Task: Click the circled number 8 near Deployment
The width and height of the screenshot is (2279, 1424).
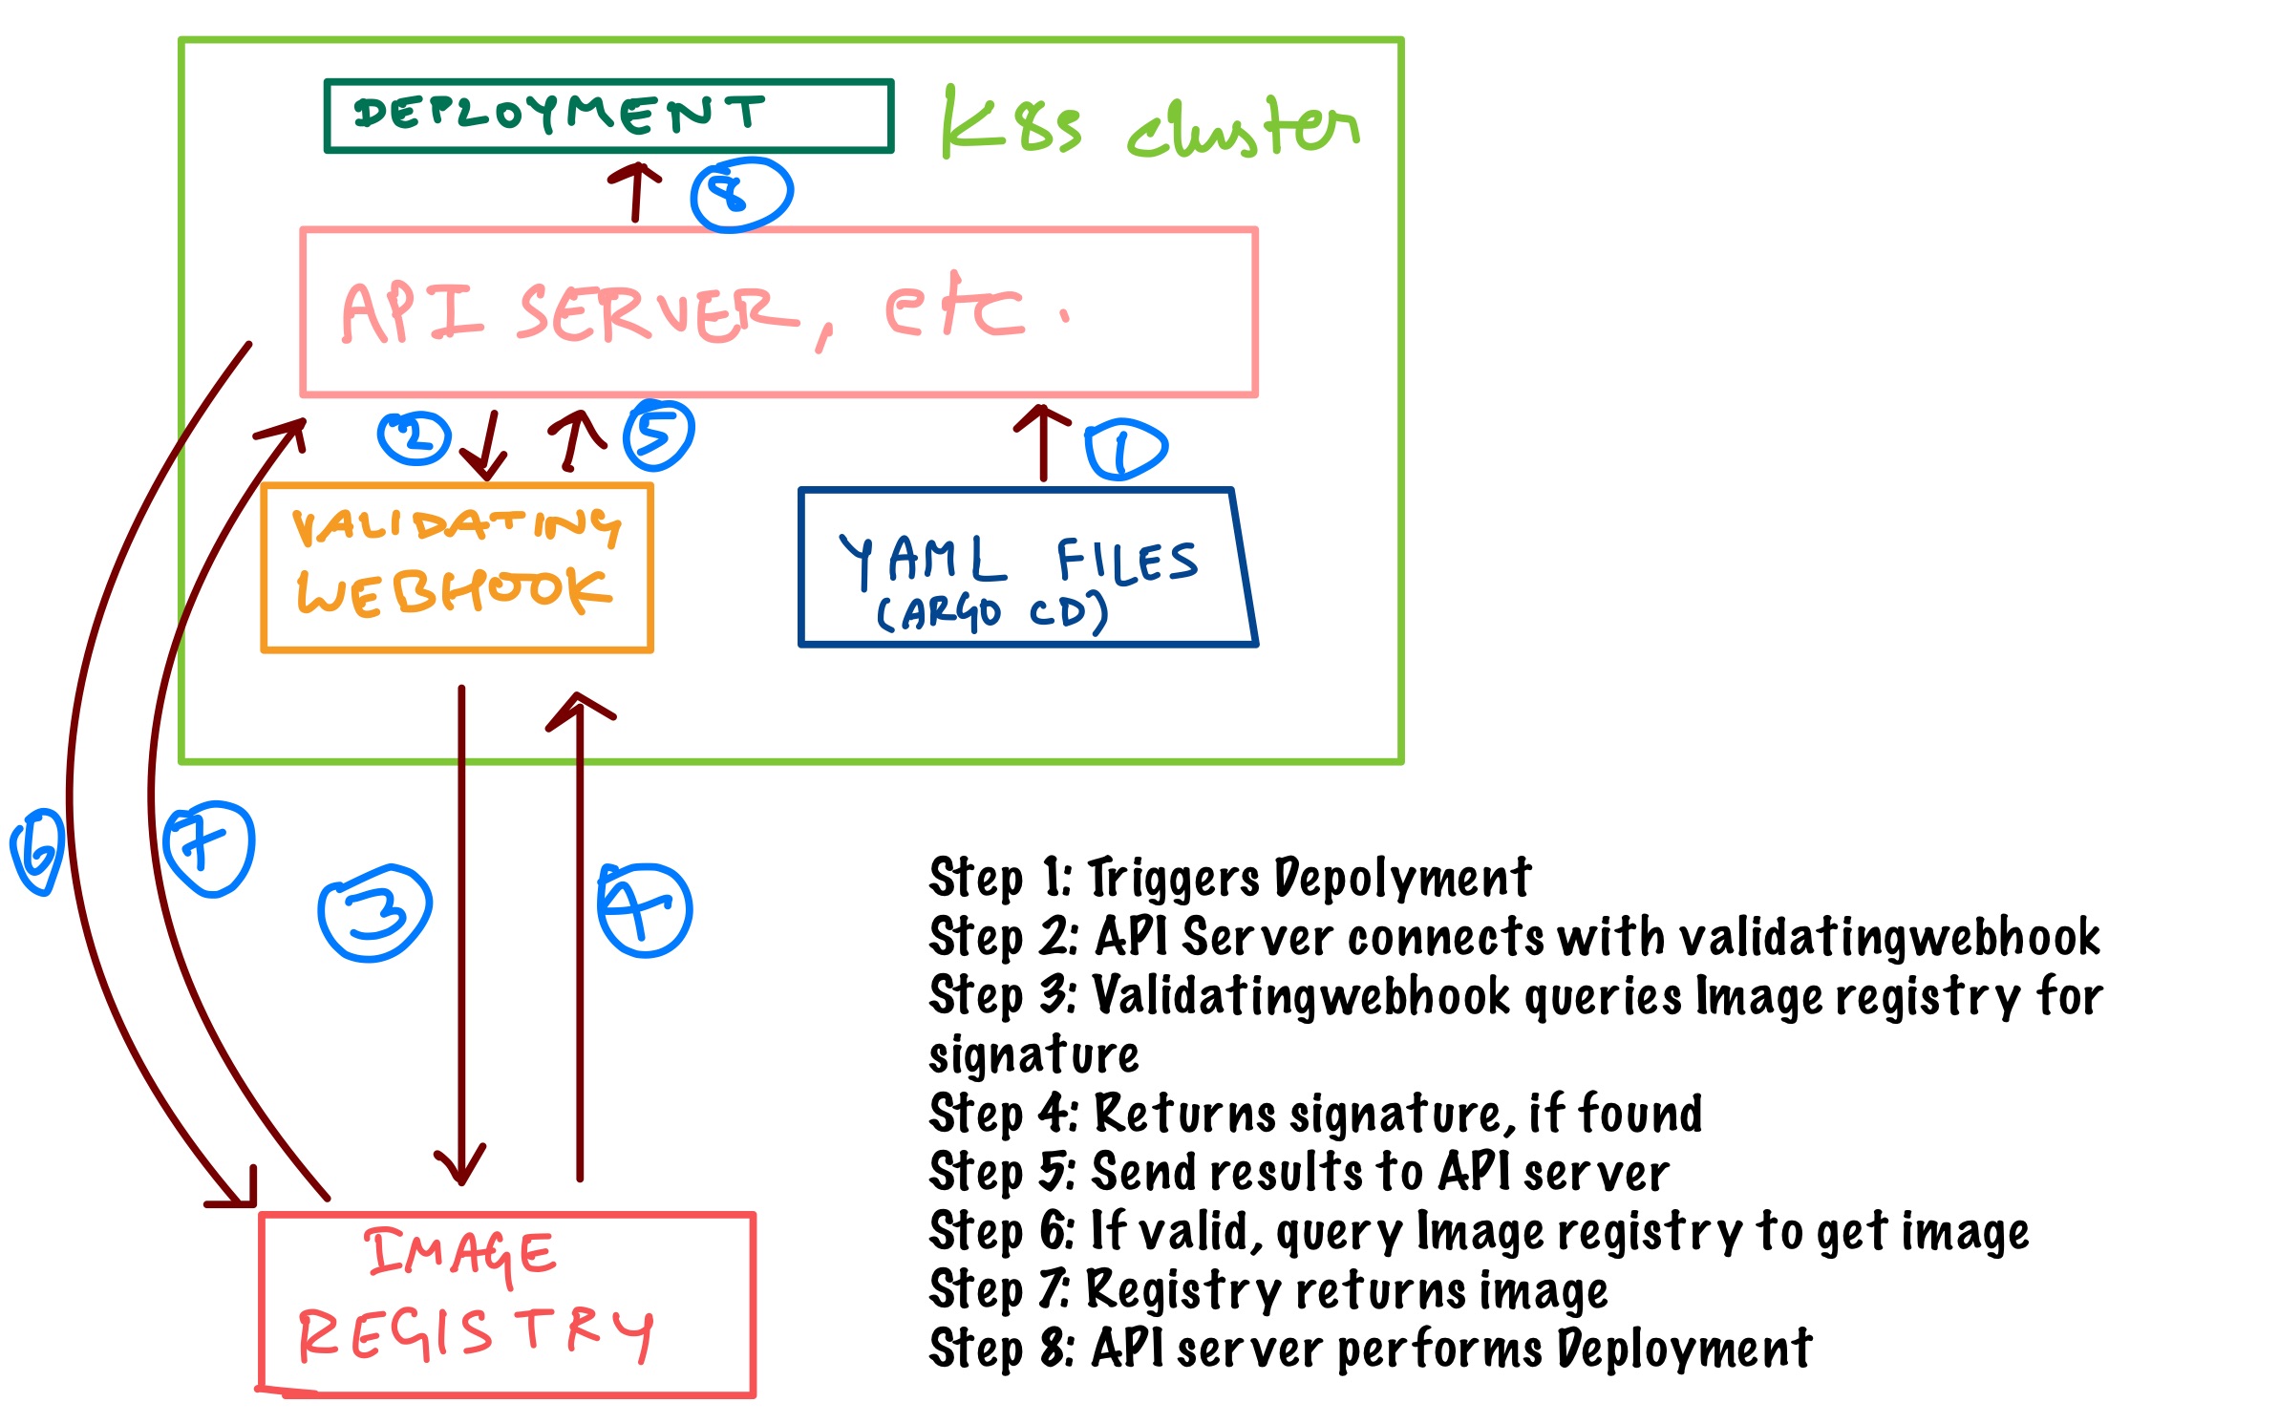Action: click(x=740, y=194)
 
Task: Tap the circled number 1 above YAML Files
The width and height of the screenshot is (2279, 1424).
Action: click(x=1125, y=449)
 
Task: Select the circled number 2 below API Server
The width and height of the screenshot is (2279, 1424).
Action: click(x=414, y=438)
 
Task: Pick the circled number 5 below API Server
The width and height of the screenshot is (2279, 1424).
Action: click(x=658, y=436)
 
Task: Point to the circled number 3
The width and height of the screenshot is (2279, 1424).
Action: click(x=374, y=912)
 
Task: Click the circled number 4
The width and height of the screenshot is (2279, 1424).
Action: click(x=644, y=909)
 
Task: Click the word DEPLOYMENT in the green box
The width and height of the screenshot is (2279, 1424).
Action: click(x=559, y=114)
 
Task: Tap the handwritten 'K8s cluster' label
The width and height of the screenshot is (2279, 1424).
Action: click(x=1146, y=127)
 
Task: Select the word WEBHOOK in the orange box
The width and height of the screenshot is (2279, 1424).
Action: click(x=454, y=592)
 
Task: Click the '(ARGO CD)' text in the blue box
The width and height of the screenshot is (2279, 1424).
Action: click(x=991, y=612)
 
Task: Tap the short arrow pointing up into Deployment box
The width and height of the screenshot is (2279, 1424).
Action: click(x=635, y=191)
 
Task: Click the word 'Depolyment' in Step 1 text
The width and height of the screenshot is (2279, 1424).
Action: click(x=1403, y=877)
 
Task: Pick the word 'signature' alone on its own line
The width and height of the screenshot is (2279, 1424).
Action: click(x=1033, y=1054)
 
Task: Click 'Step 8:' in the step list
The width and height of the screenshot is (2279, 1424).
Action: click(x=1001, y=1349)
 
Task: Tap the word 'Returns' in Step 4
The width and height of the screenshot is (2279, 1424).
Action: click(x=1183, y=1113)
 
